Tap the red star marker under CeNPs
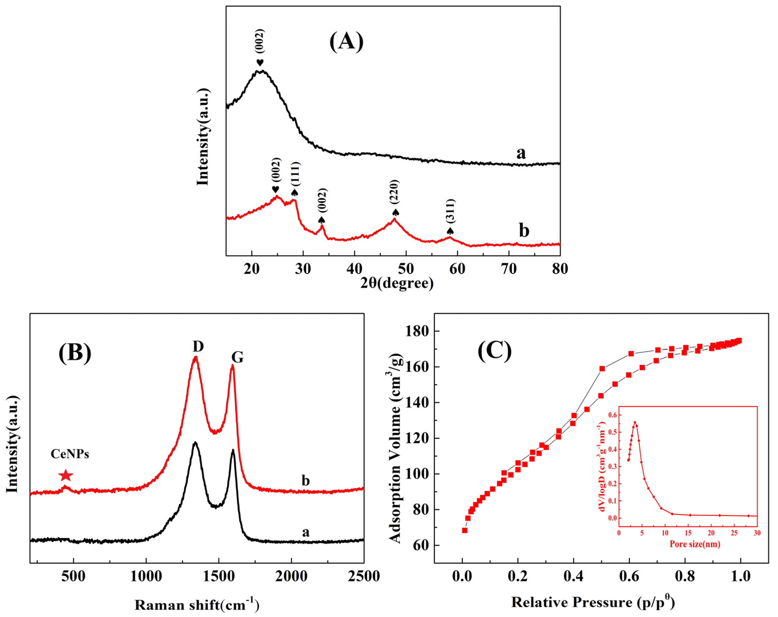tap(66, 476)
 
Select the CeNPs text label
tap(70, 454)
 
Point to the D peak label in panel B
tap(198, 346)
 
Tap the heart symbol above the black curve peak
tap(260, 62)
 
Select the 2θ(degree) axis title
tap(397, 283)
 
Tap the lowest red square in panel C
tap(465, 530)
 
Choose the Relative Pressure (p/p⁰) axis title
tap(593, 602)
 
